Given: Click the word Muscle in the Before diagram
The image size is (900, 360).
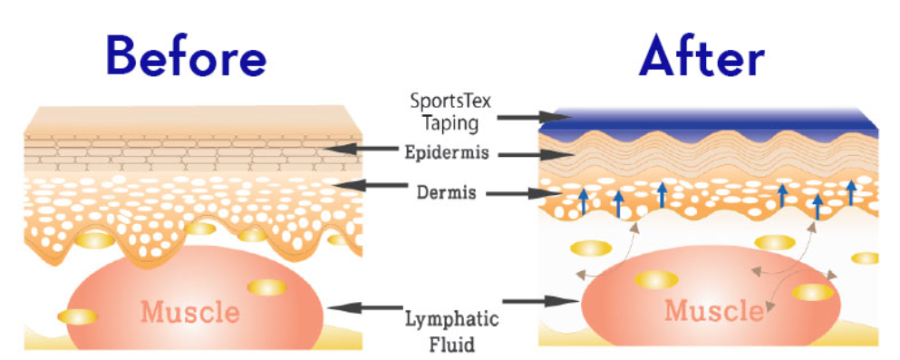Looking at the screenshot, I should pyautogui.click(x=189, y=313).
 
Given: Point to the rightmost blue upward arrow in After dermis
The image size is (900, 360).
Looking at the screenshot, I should pyautogui.click(x=850, y=191).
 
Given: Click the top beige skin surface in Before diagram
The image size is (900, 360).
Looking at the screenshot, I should pyautogui.click(x=190, y=120).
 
